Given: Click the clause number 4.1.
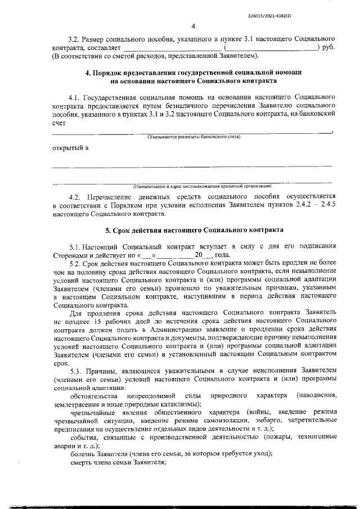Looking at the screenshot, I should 74,97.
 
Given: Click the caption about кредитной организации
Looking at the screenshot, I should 202,186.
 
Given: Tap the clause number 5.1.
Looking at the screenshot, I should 75,246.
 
